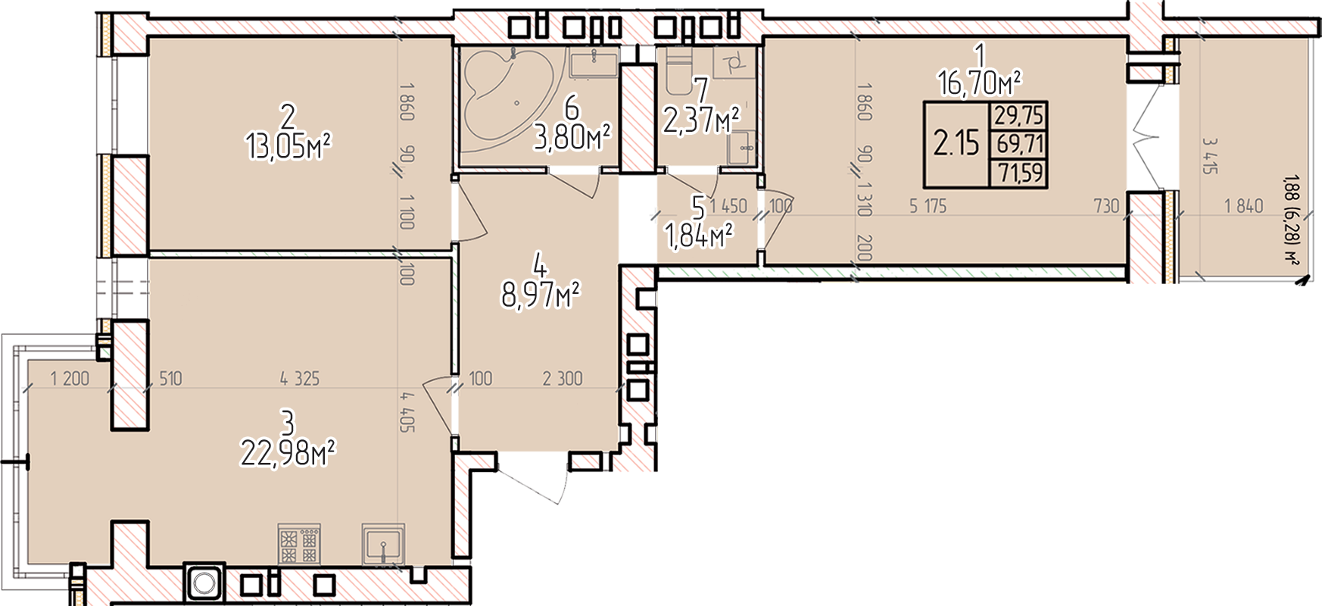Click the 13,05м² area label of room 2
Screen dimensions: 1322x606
tap(288, 145)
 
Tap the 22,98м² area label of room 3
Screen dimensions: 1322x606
tap(288, 453)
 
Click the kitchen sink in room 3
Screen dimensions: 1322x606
tap(385, 545)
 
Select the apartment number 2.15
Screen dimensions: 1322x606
tap(956, 142)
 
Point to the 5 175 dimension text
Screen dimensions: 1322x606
tap(928, 205)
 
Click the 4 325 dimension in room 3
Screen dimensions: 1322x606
tap(300, 378)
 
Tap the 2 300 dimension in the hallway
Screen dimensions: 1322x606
tap(563, 378)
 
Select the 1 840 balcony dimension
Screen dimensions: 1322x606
tap(1244, 205)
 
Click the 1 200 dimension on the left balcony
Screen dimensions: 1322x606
tap(70, 378)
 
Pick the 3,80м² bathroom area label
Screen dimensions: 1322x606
tap(572, 139)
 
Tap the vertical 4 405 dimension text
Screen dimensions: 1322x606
tap(408, 411)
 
